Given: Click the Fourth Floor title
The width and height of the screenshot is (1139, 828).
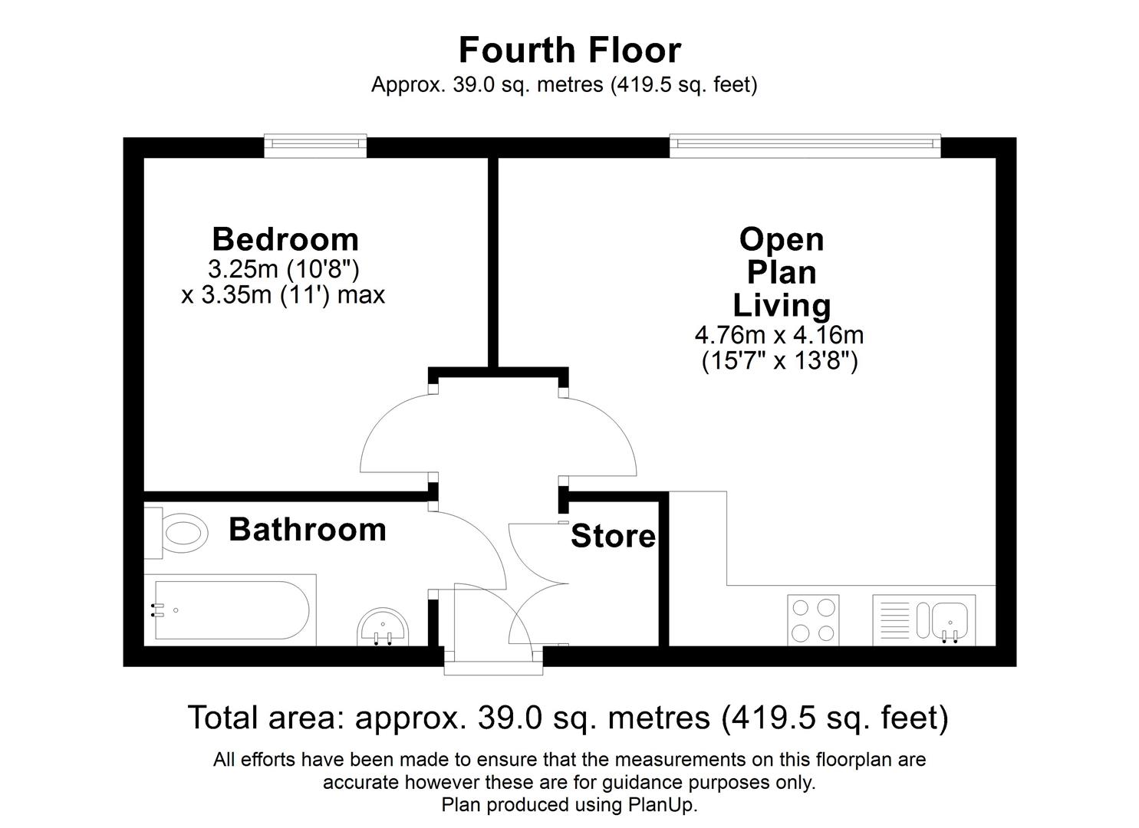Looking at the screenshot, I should (x=569, y=51).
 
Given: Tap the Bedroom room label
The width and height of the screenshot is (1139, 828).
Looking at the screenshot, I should (x=285, y=239).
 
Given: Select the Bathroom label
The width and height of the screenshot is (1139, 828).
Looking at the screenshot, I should (x=307, y=530).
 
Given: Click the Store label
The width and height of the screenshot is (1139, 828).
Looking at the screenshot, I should (x=613, y=537).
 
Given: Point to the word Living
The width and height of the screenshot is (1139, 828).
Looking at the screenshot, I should (x=782, y=305).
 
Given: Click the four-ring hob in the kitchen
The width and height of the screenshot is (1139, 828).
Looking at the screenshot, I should (x=813, y=619).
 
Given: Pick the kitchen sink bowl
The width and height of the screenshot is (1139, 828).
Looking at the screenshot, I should (x=950, y=616).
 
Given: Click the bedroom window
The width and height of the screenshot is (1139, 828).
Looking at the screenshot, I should (x=315, y=146).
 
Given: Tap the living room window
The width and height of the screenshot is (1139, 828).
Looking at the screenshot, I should (x=805, y=146).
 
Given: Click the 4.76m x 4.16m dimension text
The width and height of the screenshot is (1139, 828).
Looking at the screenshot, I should (x=779, y=335).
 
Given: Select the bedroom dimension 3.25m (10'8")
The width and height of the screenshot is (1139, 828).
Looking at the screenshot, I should (x=284, y=269).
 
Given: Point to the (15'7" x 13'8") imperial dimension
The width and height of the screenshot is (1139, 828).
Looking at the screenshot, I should (x=779, y=360).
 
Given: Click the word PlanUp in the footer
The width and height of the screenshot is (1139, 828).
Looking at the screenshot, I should (x=661, y=805).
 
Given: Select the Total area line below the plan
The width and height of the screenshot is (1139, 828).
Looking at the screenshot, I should (x=568, y=718).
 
